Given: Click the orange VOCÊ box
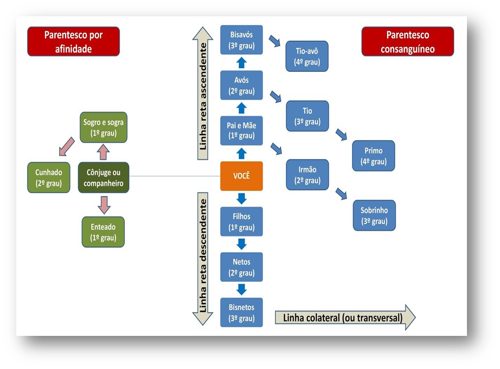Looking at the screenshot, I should pos(241,176).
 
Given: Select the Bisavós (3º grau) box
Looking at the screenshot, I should pos(241,40).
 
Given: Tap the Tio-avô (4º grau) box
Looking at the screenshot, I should pos(307,56).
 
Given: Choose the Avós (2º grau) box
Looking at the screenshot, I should pos(241,85).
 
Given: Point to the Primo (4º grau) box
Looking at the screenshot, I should pos(373,156).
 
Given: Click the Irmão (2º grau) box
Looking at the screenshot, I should pos(307,175).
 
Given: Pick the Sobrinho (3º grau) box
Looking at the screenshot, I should pos(374,216).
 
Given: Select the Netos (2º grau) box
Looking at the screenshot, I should pos(241,267).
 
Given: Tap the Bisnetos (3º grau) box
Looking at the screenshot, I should pos(241,312).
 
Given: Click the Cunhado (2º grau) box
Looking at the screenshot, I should pos(48,177).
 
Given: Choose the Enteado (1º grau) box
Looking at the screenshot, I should pos(103,232).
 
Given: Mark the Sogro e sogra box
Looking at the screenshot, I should pos(103,127).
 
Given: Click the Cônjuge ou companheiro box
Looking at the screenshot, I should pos(103,177).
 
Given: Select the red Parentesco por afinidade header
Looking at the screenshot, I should pos(73,42).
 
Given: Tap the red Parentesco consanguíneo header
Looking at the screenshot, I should pos(407,42).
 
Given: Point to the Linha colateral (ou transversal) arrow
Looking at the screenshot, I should pos(345,318).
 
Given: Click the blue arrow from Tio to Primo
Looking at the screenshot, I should pos(341,134).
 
